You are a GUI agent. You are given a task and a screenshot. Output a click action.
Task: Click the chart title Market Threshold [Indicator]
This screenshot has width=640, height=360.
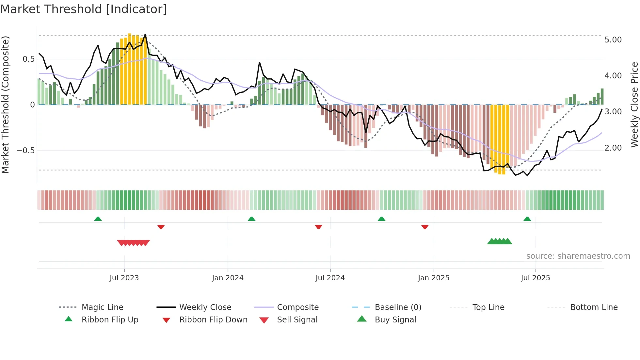(84, 9)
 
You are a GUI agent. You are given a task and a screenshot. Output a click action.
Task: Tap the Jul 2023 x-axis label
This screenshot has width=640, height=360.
(124, 278)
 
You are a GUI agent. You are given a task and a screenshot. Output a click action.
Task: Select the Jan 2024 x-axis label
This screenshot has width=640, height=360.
(228, 278)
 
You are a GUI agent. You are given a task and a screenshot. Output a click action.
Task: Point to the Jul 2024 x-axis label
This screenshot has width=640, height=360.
(330, 278)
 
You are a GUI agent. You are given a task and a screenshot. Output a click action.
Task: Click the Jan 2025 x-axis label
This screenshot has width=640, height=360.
(433, 278)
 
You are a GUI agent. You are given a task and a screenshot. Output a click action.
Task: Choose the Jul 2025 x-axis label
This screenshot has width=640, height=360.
(535, 278)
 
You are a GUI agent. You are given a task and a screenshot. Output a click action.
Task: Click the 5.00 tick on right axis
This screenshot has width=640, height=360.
(613, 40)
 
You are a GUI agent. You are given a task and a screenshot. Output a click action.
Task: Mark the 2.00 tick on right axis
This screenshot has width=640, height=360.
(613, 148)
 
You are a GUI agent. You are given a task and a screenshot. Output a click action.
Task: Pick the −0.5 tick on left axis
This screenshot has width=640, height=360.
(26, 151)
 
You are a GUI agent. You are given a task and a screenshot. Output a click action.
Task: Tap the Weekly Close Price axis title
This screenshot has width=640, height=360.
(634, 105)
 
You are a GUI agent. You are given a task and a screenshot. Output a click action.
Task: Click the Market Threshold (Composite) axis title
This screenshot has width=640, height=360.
(5, 105)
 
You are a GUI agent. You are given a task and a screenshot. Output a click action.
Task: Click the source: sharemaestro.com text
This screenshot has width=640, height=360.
(578, 256)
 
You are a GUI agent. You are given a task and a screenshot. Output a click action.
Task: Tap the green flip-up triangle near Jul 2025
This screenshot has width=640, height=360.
(527, 219)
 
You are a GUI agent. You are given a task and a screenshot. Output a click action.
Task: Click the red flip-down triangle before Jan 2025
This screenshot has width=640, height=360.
(424, 227)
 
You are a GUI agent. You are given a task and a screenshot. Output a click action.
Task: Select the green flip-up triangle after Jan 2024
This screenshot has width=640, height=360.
(251, 219)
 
